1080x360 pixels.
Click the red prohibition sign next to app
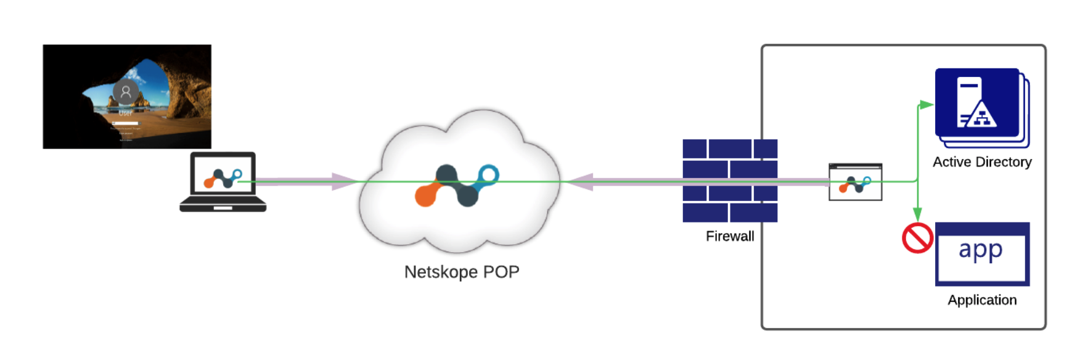tap(917, 238)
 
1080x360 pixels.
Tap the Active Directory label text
tap(981, 162)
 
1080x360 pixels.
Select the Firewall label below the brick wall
tap(730, 236)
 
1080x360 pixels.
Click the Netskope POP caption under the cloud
tap(462, 272)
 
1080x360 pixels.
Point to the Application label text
tap(982, 300)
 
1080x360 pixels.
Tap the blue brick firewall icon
tap(730, 181)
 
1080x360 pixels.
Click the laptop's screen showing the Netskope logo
tap(223, 175)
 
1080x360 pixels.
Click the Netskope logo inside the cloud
tap(457, 185)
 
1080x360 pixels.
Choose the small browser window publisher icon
tap(855, 182)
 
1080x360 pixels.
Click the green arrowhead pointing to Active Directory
tap(925, 105)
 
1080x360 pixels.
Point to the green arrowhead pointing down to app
tap(917, 215)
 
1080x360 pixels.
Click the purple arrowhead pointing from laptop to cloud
tap(343, 181)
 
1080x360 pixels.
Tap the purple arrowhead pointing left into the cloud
tap(579, 182)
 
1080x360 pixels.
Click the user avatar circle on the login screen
tap(126, 92)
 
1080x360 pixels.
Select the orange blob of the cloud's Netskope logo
tap(426, 195)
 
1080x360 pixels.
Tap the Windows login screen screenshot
tap(127, 97)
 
